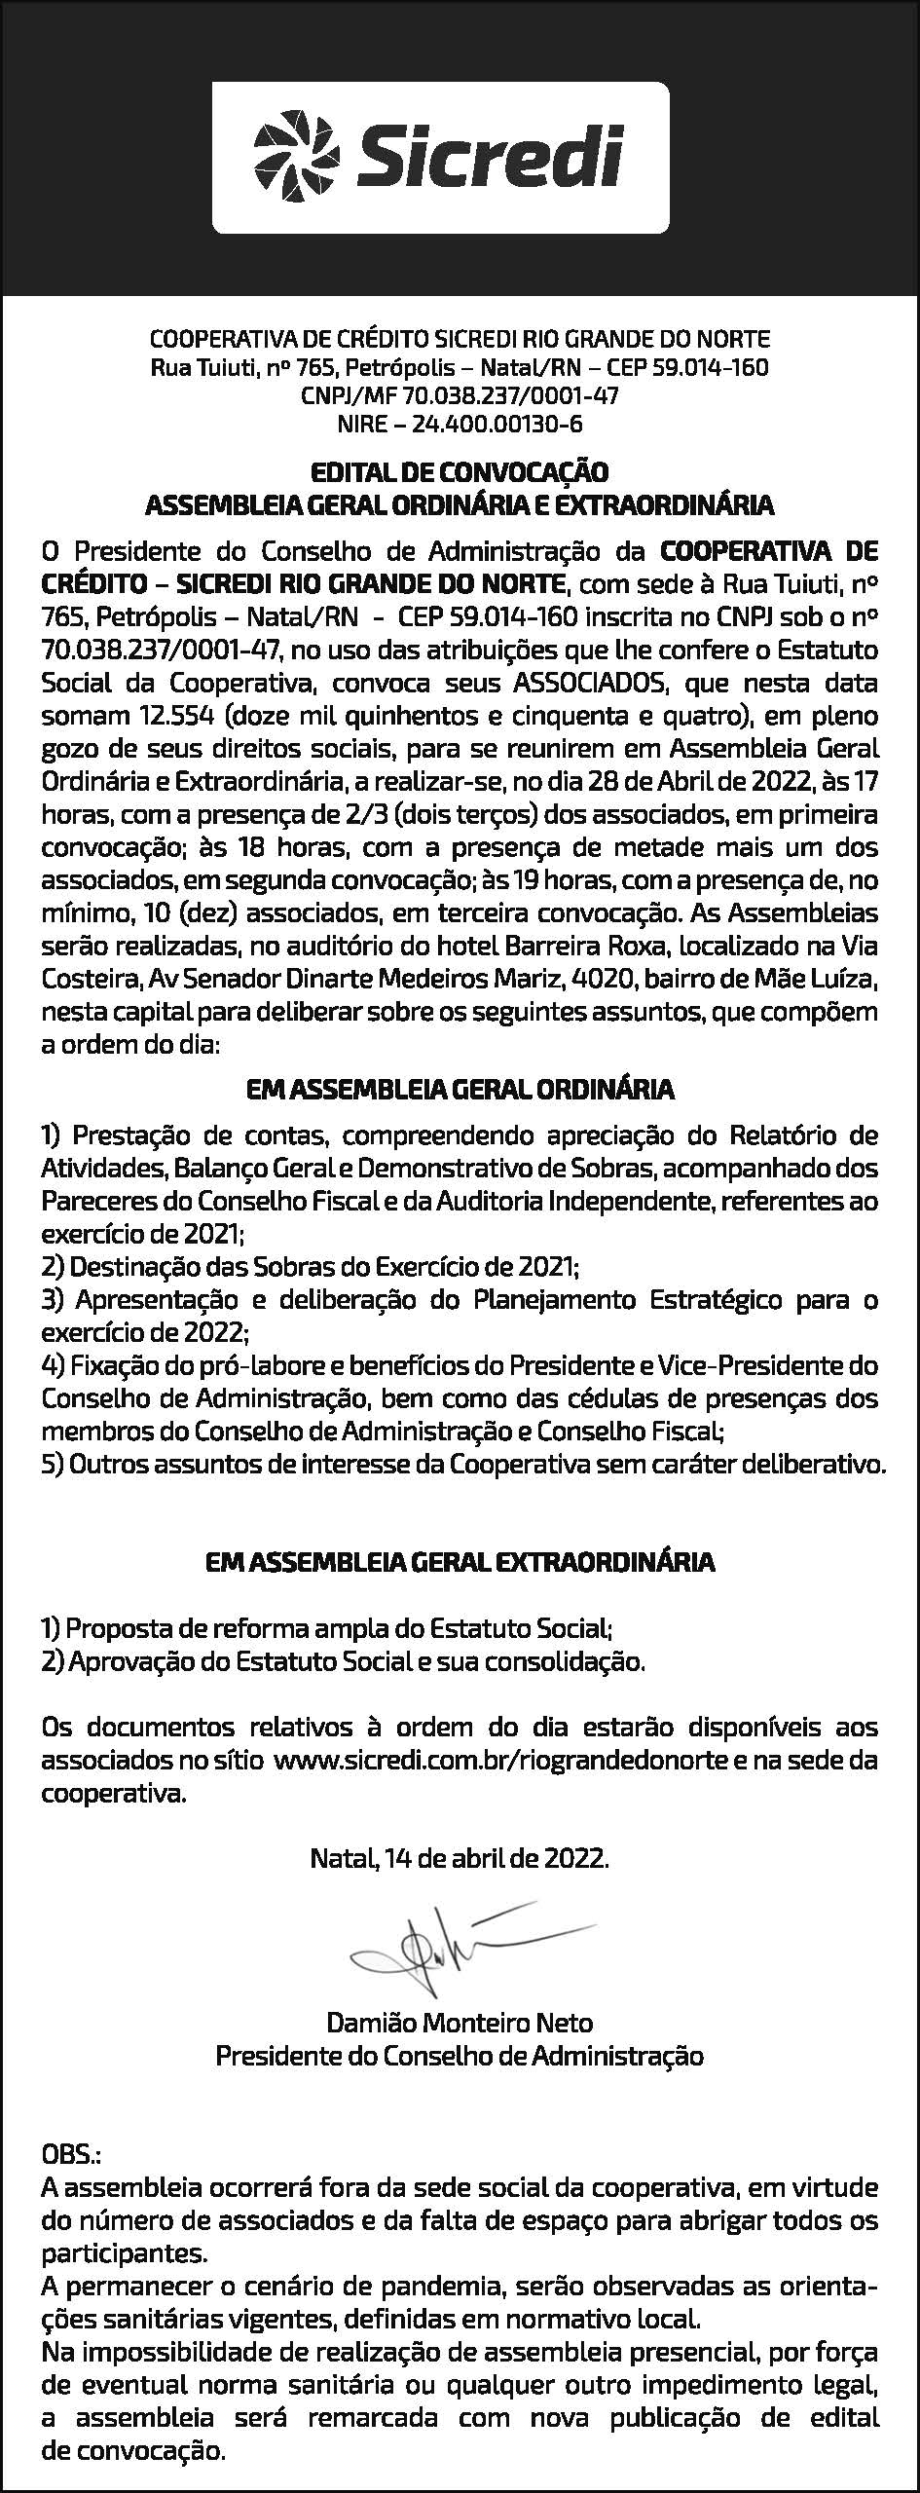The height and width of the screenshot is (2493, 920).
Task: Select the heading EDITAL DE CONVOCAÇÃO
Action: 459,473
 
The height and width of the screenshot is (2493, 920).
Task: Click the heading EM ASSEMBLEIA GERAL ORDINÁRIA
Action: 460,1089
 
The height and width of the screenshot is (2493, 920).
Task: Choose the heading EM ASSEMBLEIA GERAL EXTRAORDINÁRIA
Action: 460,1562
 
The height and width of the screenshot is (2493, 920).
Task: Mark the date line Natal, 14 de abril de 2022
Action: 460,1858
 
